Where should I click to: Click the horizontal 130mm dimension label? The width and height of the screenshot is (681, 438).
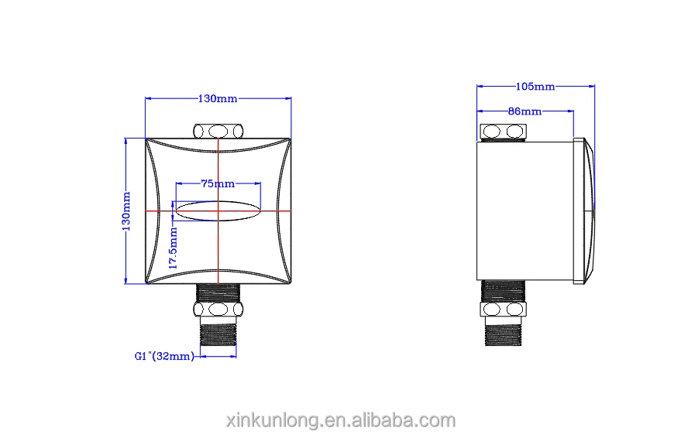click(218, 98)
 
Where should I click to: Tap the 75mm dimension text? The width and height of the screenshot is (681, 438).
click(218, 184)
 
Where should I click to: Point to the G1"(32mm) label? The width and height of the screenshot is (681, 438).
click(163, 357)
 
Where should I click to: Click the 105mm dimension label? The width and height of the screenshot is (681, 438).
click(535, 87)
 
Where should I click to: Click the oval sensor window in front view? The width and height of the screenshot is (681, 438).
click(218, 210)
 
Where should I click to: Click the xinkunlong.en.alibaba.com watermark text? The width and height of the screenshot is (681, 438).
click(339, 420)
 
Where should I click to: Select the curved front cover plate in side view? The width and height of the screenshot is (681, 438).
click(585, 210)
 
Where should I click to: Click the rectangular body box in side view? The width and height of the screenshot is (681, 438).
click(525, 210)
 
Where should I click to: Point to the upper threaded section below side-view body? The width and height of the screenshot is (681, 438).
click(504, 291)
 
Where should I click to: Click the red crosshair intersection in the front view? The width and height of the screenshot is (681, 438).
click(218, 210)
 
